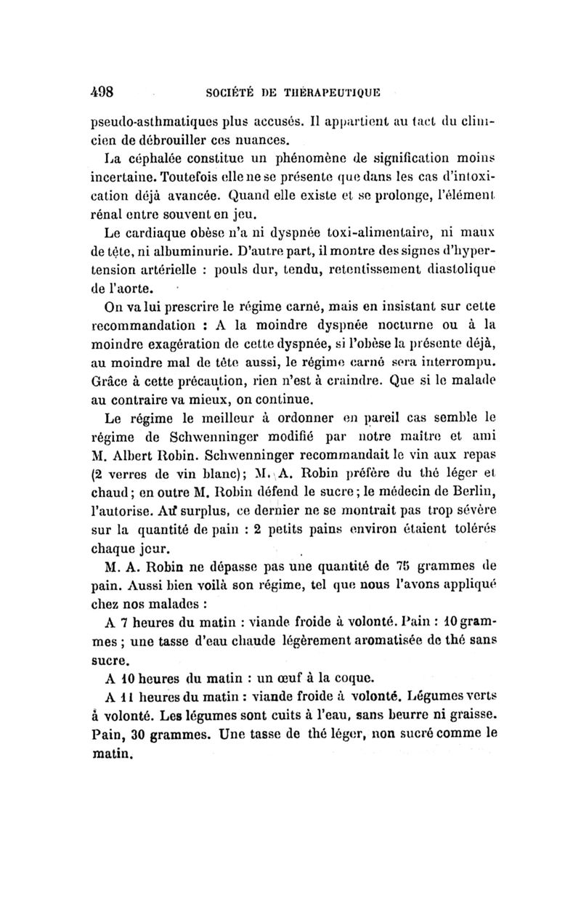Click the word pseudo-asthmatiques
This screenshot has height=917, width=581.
(x=135, y=120)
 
